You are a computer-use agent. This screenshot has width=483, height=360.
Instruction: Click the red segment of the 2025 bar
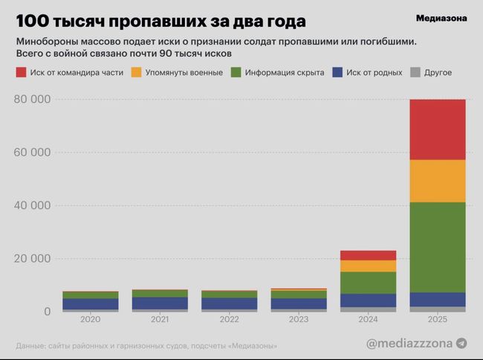pyautogui.click(x=437, y=129)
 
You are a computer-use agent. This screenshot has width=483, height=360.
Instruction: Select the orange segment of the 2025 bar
pyautogui.click(x=437, y=181)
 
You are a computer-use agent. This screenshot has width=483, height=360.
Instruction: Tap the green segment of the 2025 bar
pyautogui.click(x=437, y=247)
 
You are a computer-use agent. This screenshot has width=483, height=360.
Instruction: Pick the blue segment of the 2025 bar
pyautogui.click(x=437, y=299)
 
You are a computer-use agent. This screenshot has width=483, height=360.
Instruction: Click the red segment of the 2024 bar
pyautogui.click(x=367, y=255)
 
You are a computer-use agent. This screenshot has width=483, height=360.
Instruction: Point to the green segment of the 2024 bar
pyautogui.click(x=367, y=283)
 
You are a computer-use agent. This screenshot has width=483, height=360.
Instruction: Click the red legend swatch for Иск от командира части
pyautogui.click(x=22, y=73)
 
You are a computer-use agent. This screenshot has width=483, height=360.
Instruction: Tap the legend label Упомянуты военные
pyautogui.click(x=181, y=73)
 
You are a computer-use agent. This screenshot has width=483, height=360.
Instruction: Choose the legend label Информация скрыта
pyautogui.click(x=286, y=73)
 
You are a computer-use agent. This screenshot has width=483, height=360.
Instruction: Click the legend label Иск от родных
pyautogui.click(x=375, y=73)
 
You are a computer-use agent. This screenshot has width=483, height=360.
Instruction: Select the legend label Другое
pyautogui.click(x=438, y=73)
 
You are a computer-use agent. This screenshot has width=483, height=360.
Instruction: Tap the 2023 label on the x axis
pyautogui.click(x=298, y=319)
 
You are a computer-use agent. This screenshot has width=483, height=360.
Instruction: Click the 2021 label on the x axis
pyautogui.click(x=159, y=319)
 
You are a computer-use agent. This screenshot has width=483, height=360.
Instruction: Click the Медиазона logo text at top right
pyautogui.click(x=441, y=19)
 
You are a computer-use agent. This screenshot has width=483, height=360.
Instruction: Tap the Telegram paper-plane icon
pyautogui.click(x=461, y=343)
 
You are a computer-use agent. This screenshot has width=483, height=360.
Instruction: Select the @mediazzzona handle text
pyautogui.click(x=409, y=343)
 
